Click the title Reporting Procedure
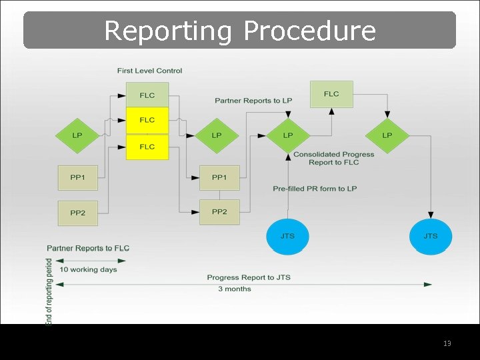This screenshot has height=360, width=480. [240, 31]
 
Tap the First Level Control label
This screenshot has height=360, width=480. [149, 71]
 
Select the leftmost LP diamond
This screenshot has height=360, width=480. [77, 135]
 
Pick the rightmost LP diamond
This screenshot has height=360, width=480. [387, 135]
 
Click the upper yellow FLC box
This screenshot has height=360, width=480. [147, 120]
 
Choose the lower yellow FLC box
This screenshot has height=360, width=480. [147, 147]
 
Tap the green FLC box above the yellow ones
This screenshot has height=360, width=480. [147, 95]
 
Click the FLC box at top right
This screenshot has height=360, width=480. [331, 94]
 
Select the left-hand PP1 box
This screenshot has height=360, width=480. [78, 177]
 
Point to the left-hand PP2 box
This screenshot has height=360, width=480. [78, 213]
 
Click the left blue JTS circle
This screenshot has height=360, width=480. [287, 236]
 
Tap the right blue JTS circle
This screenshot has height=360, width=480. [431, 236]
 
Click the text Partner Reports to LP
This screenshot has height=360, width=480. [253, 101]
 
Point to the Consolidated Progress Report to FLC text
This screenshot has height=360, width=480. [333, 158]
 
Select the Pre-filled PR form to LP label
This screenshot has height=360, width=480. [315, 189]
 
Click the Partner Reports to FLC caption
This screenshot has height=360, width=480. [88, 248]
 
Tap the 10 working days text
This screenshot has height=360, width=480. [88, 269]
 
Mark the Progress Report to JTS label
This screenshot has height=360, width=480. [249, 277]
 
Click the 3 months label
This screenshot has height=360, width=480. [235, 289]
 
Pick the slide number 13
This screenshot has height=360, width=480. [447, 343]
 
